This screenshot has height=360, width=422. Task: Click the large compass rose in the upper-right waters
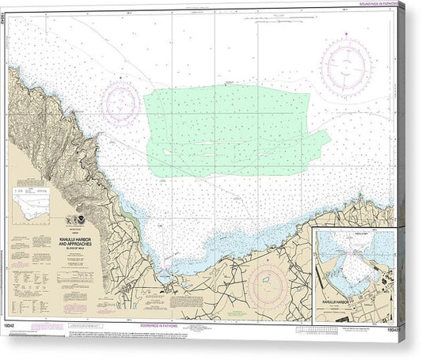click(344, 63)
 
